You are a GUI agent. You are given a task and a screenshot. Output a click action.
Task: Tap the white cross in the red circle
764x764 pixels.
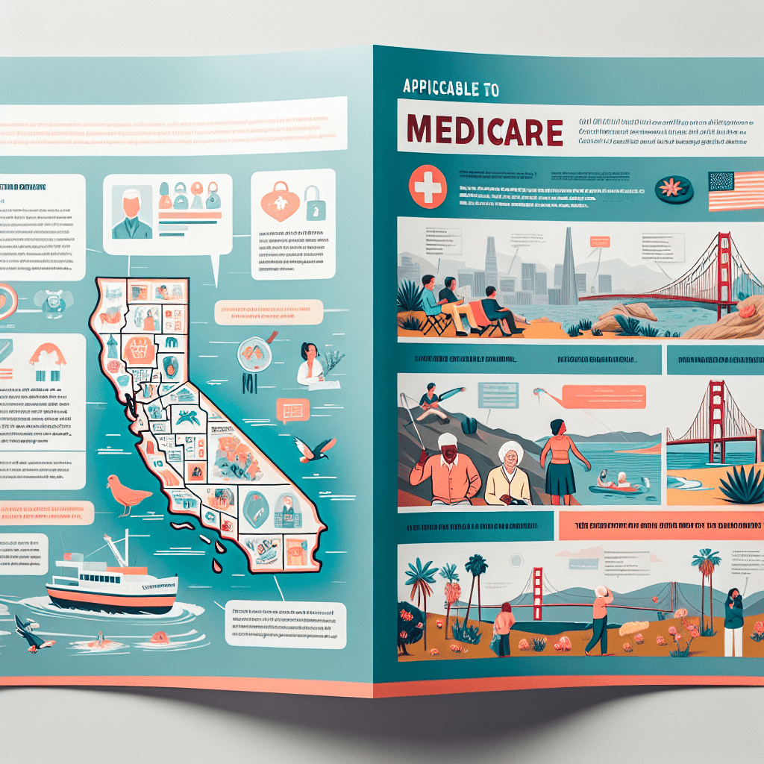click(x=428, y=187)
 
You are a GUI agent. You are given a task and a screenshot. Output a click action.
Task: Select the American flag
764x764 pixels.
click(x=734, y=191)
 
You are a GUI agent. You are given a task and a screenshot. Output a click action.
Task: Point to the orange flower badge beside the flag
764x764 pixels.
click(x=674, y=187)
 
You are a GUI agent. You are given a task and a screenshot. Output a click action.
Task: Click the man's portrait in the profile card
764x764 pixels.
click(x=131, y=212)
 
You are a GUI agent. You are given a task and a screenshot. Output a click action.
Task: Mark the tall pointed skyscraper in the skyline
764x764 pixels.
click(x=569, y=265)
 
